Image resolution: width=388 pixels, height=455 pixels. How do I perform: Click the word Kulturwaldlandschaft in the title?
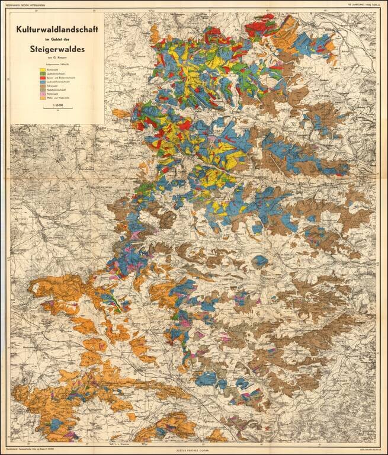(x=57, y=28)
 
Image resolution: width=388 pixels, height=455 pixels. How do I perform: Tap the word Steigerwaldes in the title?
(x=57, y=49)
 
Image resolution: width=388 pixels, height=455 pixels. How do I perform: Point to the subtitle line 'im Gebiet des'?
(x=57, y=39)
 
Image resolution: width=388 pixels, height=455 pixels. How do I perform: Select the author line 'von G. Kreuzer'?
(x=57, y=59)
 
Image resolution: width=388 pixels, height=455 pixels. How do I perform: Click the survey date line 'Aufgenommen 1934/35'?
(x=57, y=65)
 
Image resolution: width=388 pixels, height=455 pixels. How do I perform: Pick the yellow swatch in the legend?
(x=42, y=70)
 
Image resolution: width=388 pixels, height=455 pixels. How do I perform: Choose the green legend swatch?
(x=42, y=74)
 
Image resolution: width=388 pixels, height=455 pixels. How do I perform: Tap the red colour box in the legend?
(x=42, y=78)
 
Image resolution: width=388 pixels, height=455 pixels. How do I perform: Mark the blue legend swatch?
(x=42, y=82)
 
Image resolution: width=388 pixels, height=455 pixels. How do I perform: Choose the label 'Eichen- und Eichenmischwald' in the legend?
(x=60, y=78)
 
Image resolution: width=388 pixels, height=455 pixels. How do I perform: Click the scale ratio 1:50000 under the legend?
(x=57, y=105)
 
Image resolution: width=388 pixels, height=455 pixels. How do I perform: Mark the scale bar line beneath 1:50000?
(x=57, y=109)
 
